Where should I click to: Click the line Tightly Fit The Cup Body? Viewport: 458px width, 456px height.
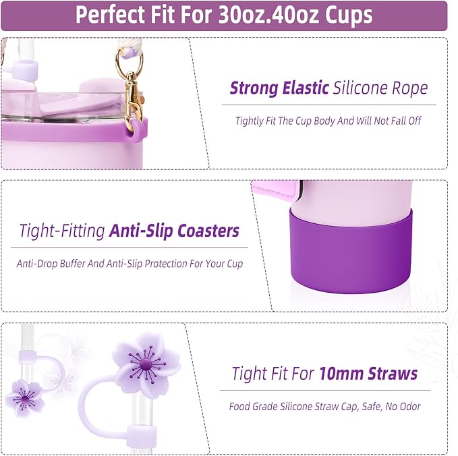click(x=328, y=121)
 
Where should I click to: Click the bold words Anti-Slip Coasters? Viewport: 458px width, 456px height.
click(x=174, y=231)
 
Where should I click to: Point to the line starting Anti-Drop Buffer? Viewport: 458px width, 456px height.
click(x=130, y=264)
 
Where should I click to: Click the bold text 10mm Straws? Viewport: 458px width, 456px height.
click(x=368, y=373)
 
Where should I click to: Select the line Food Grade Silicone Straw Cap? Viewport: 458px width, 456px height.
click(x=324, y=407)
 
